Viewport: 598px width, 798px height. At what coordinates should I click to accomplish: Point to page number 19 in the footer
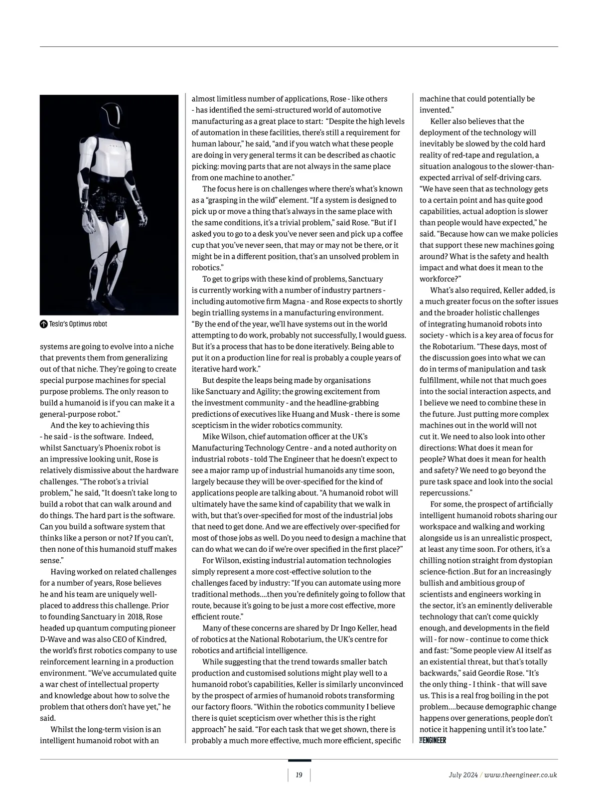tap(299, 775)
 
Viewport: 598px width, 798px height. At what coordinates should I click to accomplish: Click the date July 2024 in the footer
tap(463, 775)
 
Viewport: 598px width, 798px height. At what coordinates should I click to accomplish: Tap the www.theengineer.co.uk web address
tap(521, 775)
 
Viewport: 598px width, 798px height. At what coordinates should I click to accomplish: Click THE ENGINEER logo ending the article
tap(433, 741)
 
